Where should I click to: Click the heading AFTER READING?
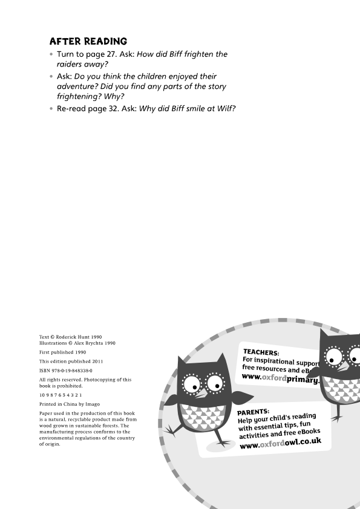[x=88, y=41]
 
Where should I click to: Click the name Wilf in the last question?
[x=223, y=108]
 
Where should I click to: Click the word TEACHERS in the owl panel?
[x=261, y=352]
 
